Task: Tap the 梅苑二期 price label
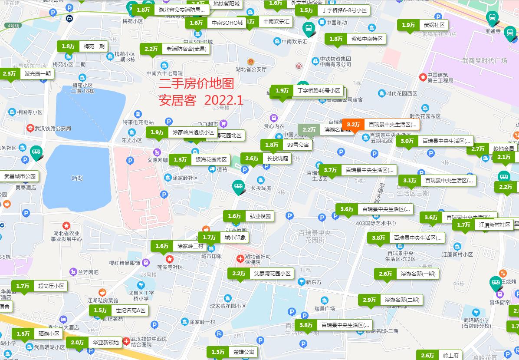83,46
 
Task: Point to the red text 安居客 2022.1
201,100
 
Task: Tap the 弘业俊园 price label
249,216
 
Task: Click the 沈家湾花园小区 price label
261,274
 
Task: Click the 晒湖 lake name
77,178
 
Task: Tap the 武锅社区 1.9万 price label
423,25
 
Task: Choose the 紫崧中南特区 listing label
355,39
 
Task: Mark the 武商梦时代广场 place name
484,61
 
